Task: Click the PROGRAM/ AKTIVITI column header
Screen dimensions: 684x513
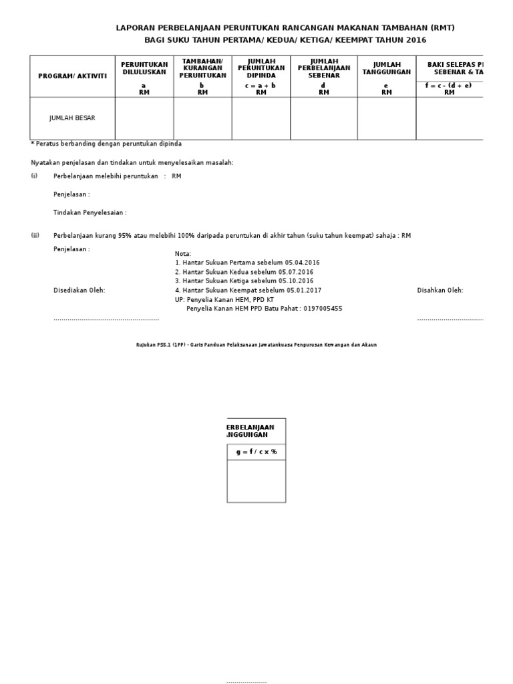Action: point(72,76)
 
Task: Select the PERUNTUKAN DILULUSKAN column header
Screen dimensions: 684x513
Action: point(144,68)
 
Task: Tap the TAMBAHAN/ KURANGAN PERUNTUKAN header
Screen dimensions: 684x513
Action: point(202,68)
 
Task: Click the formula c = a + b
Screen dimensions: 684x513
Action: point(261,85)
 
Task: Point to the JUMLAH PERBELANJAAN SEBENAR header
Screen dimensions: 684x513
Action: point(324,68)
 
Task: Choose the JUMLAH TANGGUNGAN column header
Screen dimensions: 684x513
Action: point(386,68)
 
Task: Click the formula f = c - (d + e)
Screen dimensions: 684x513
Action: point(448,85)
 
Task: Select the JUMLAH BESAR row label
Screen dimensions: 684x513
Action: point(72,118)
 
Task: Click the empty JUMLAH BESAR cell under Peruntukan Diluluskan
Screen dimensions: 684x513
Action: point(144,118)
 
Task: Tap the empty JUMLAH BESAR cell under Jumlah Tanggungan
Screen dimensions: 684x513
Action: point(386,118)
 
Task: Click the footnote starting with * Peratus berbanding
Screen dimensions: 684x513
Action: point(106,144)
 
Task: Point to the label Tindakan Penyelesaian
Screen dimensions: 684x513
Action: point(90,212)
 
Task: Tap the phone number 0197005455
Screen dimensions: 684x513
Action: point(323,309)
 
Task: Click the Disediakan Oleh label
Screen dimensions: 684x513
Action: point(79,291)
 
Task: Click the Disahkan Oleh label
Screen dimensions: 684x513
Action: point(440,291)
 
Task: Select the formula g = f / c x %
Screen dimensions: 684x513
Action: point(256,452)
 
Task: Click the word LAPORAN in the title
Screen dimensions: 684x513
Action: point(136,28)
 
